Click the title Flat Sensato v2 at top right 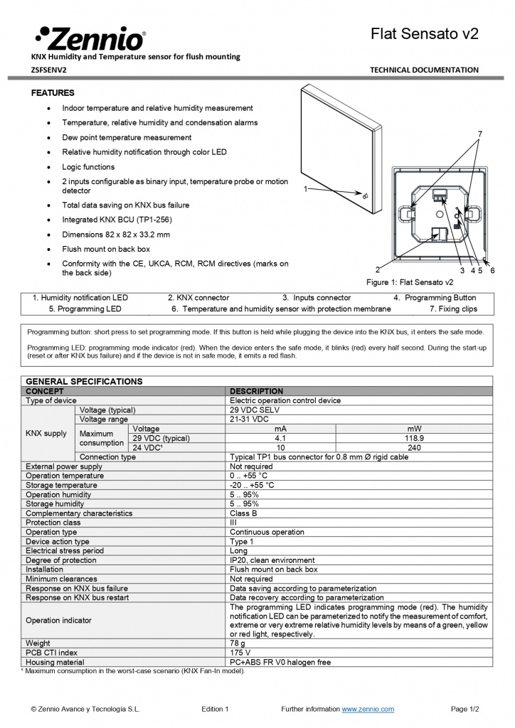pyautogui.click(x=425, y=34)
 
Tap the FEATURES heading pyautogui.click(x=53, y=93)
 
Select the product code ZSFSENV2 pyautogui.click(x=49, y=70)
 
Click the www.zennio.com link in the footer pyautogui.click(x=368, y=709)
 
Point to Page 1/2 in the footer pyautogui.click(x=465, y=709)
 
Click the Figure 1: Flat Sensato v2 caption pyautogui.click(x=410, y=282)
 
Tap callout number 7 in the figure pyautogui.click(x=480, y=134)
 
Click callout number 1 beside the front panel pyautogui.click(x=305, y=189)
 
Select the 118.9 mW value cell pyautogui.click(x=413, y=439)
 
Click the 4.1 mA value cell pyautogui.click(x=280, y=439)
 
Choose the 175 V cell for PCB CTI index pyautogui.click(x=240, y=652)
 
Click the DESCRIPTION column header pyautogui.click(x=256, y=391)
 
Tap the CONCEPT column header pyautogui.click(x=45, y=391)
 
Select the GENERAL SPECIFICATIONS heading pyautogui.click(x=84, y=381)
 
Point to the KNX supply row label pyautogui.click(x=46, y=433)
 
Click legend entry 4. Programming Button pyautogui.click(x=435, y=298)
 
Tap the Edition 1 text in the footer pyautogui.click(x=215, y=709)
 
